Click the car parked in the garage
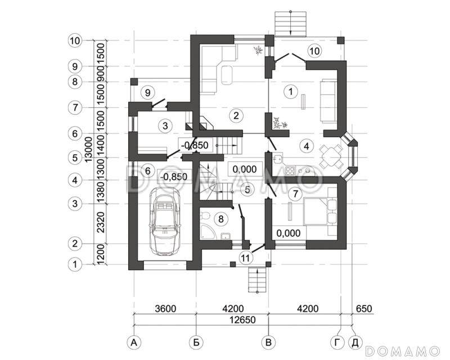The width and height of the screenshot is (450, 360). point(165,221)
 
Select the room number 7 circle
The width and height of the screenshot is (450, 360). point(296,195)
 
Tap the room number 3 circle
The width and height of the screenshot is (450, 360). point(165,126)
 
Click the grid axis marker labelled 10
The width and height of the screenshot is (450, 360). point(75,40)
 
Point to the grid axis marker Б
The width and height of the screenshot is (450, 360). point(196,342)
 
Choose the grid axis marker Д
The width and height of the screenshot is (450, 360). point(355,342)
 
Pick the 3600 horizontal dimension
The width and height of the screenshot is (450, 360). point(165,309)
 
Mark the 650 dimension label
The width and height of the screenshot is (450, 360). point(364,309)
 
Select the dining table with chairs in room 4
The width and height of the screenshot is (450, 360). point(331,157)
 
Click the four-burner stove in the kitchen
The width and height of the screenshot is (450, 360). point(290,171)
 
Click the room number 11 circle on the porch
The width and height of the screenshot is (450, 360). point(246,258)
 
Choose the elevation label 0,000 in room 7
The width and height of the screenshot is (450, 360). point(289,233)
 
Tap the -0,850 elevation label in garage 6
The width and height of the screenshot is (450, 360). point(174,176)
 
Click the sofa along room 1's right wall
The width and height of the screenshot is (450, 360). point(328,101)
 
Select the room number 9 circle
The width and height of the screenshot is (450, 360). point(148,93)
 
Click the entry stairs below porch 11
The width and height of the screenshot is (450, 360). point(258,280)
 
